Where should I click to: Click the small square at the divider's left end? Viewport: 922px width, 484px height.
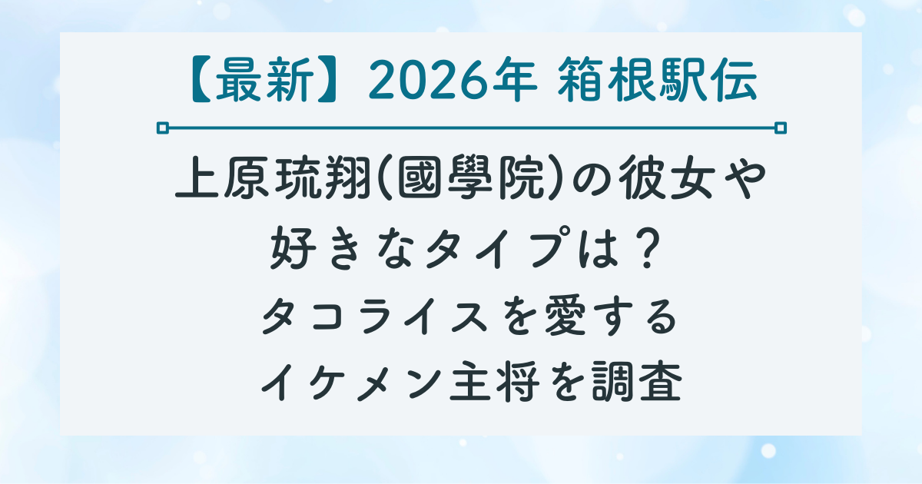click(162, 127)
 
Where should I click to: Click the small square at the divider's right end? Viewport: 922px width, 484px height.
click(781, 127)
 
